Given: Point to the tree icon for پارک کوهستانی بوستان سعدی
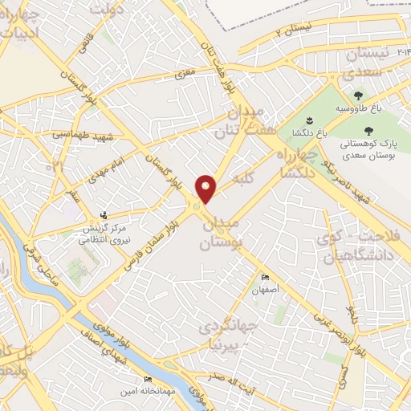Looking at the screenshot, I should (x=368, y=129).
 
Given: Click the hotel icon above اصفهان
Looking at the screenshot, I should (x=266, y=278).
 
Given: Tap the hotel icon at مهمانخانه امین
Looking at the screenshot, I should (x=147, y=379).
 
